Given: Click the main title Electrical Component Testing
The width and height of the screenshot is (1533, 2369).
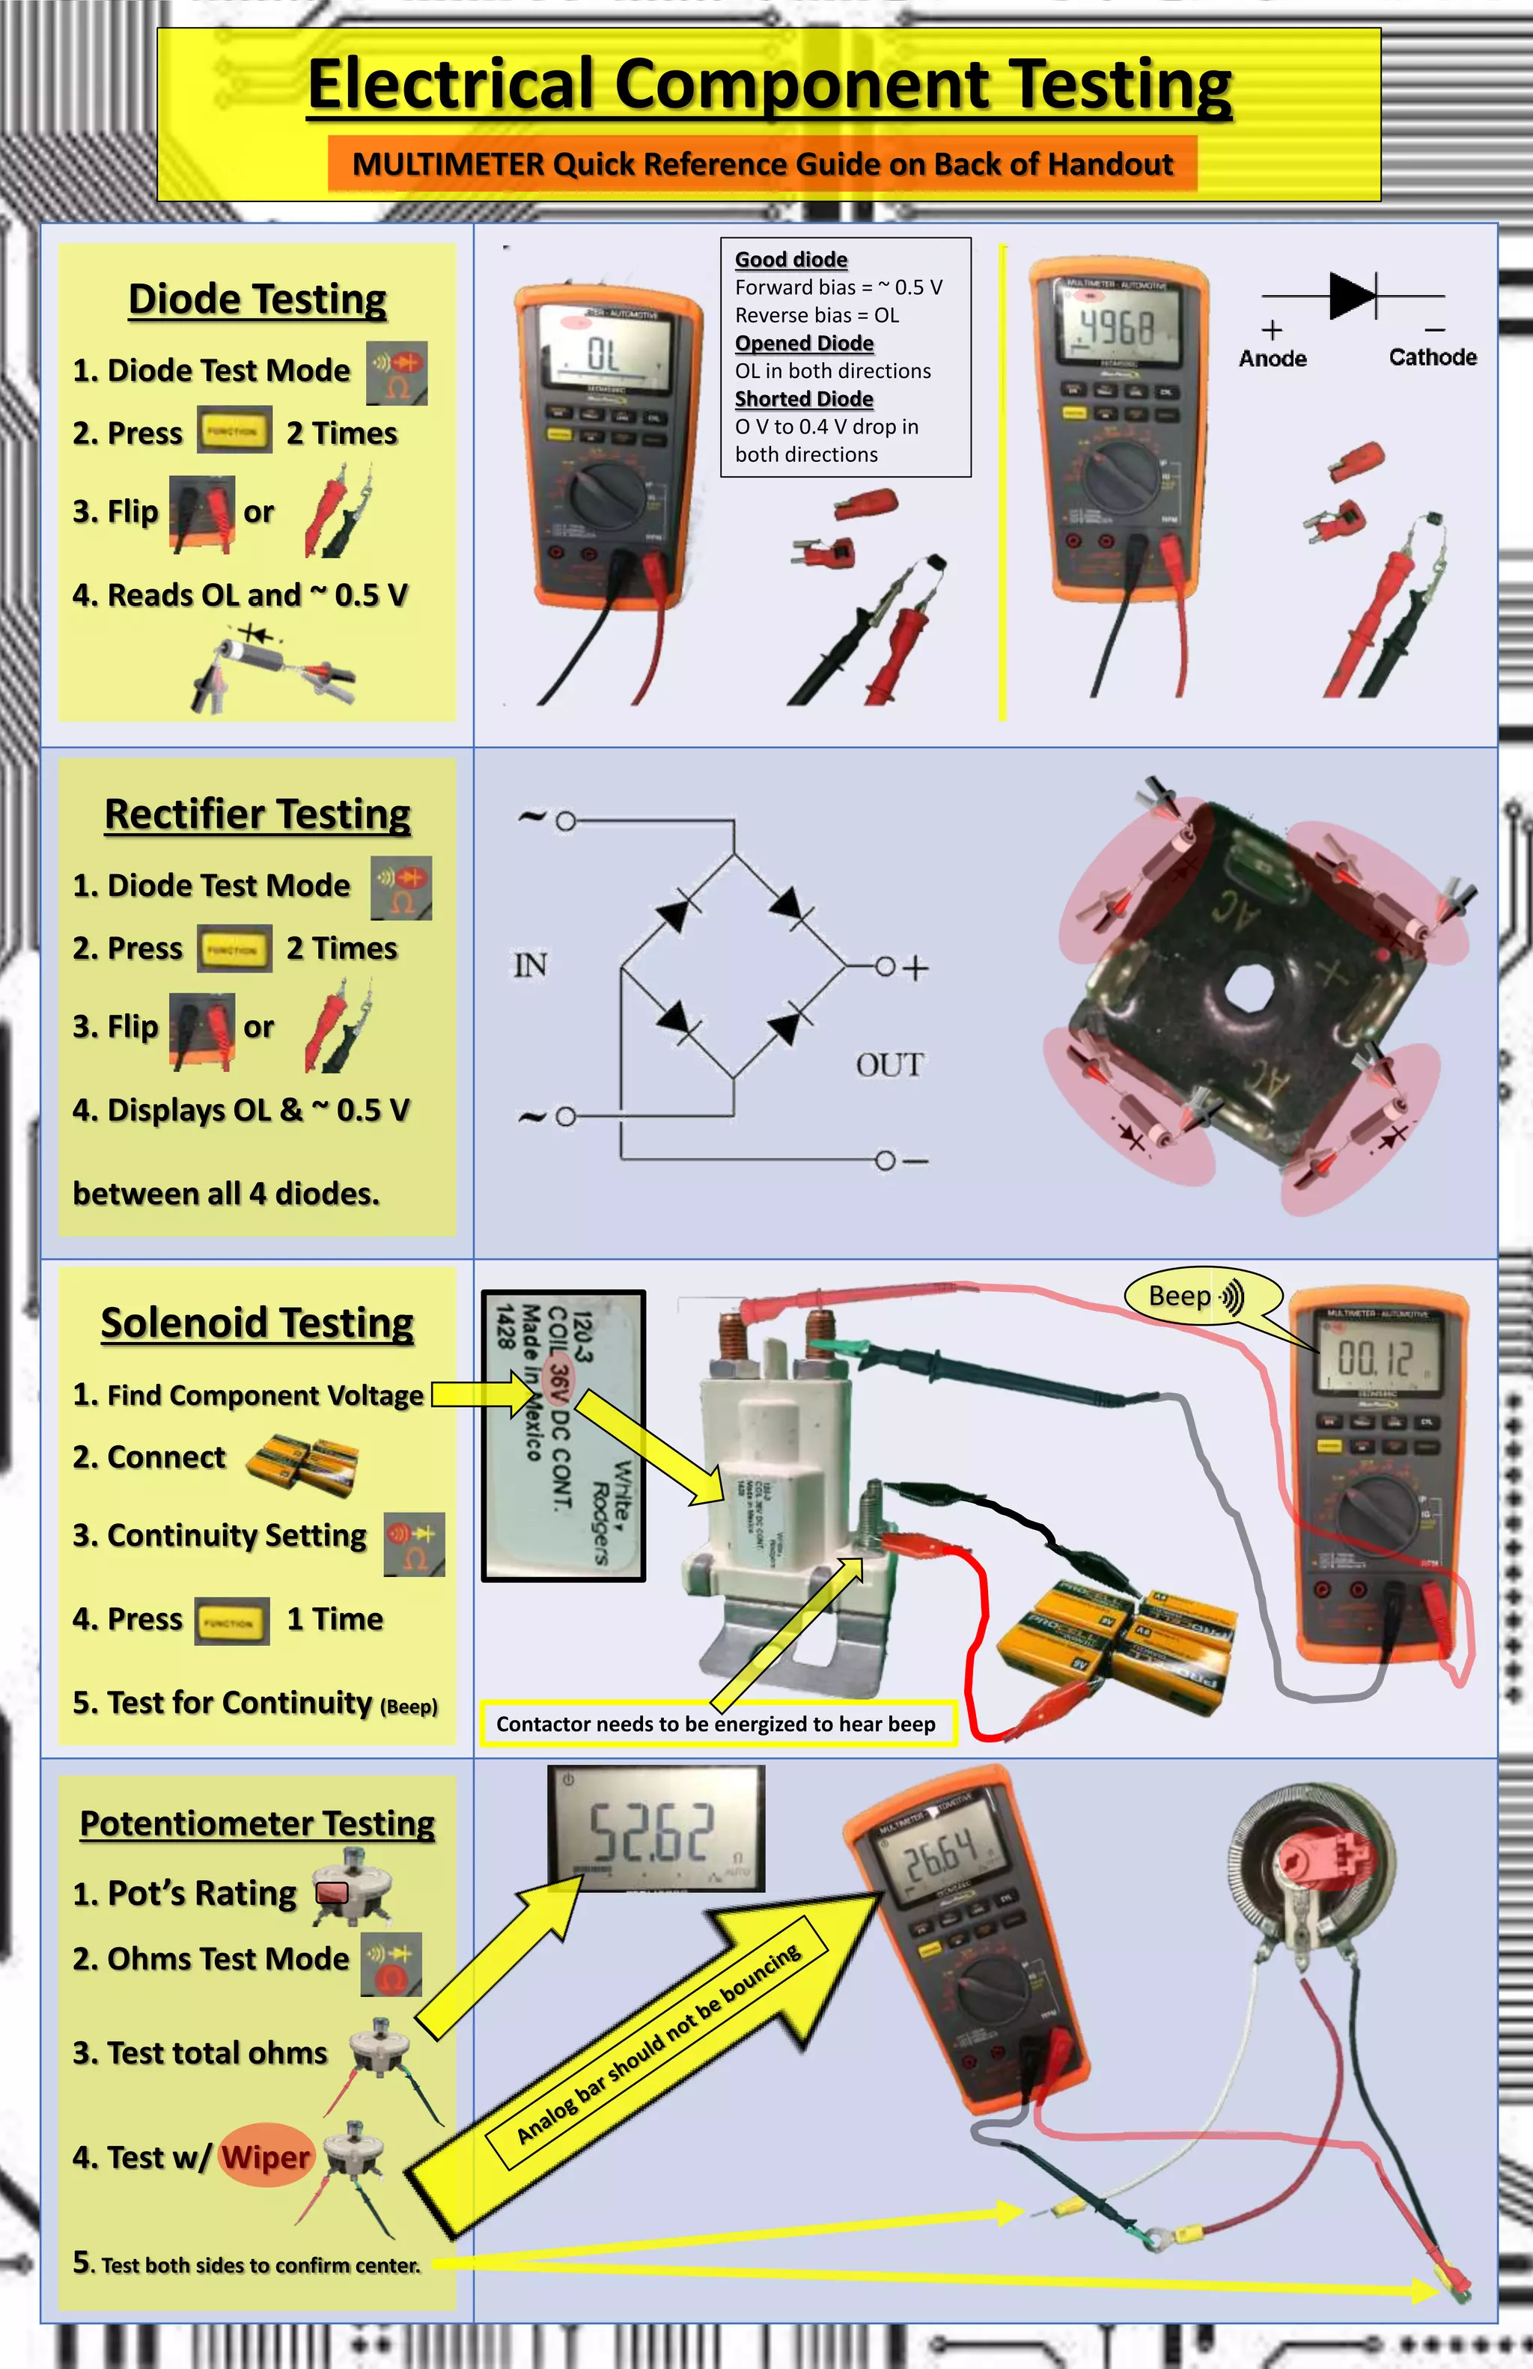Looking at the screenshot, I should click(x=769, y=85).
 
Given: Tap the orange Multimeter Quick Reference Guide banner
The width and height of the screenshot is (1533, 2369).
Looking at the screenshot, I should click(x=763, y=164).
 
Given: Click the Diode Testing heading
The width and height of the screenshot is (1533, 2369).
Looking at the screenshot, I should click(x=257, y=299).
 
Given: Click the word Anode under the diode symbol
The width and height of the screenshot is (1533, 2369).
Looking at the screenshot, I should click(x=1273, y=359).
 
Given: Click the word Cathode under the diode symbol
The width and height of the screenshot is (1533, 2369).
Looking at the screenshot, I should click(x=1433, y=357).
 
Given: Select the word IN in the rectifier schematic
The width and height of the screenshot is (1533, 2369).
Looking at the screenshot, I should click(x=529, y=965).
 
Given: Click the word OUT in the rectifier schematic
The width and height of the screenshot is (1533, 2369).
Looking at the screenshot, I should click(x=889, y=1065).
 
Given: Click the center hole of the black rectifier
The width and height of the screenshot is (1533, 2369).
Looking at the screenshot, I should click(x=1247, y=987).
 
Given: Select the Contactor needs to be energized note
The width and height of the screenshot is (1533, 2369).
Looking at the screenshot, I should click(x=716, y=1724).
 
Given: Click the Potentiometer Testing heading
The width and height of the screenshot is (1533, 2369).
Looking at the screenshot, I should click(x=257, y=1823).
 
